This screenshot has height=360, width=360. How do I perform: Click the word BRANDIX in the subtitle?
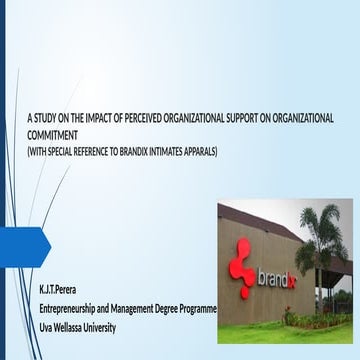[145, 150]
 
